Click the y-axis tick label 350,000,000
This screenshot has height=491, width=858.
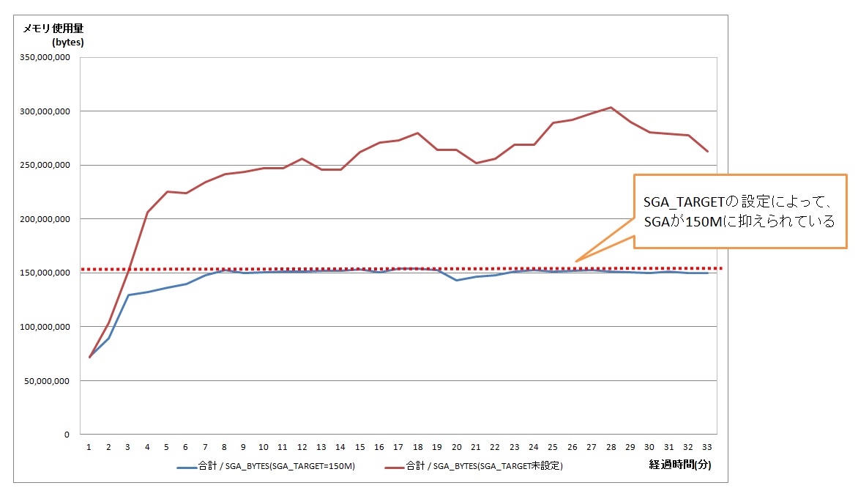(x=45, y=57)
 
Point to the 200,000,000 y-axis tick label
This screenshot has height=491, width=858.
(x=45, y=219)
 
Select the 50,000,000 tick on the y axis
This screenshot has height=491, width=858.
(x=48, y=381)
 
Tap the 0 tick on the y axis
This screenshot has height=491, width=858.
(x=66, y=435)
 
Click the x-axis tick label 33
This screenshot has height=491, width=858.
(x=707, y=446)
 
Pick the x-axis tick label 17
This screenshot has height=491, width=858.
(x=398, y=446)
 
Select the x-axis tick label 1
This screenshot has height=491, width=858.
(x=89, y=446)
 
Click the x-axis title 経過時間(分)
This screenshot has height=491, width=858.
(x=679, y=465)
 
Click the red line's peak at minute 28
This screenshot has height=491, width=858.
(x=611, y=108)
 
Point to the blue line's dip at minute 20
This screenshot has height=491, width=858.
(x=456, y=280)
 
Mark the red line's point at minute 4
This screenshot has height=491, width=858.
(x=147, y=213)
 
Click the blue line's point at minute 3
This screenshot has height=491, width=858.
(x=128, y=295)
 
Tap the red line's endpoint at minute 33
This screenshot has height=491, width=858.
(x=707, y=151)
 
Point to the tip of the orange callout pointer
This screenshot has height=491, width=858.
(x=576, y=262)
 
